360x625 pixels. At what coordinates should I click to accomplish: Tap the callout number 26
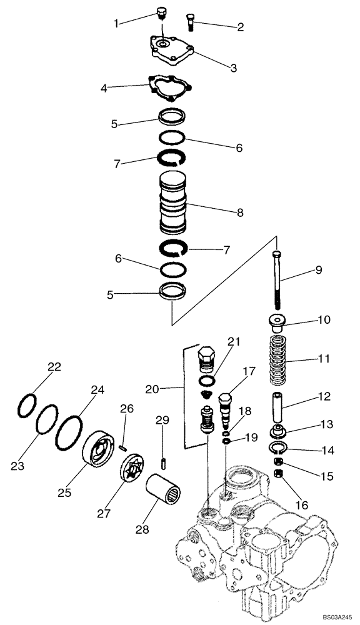tap(127, 408)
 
